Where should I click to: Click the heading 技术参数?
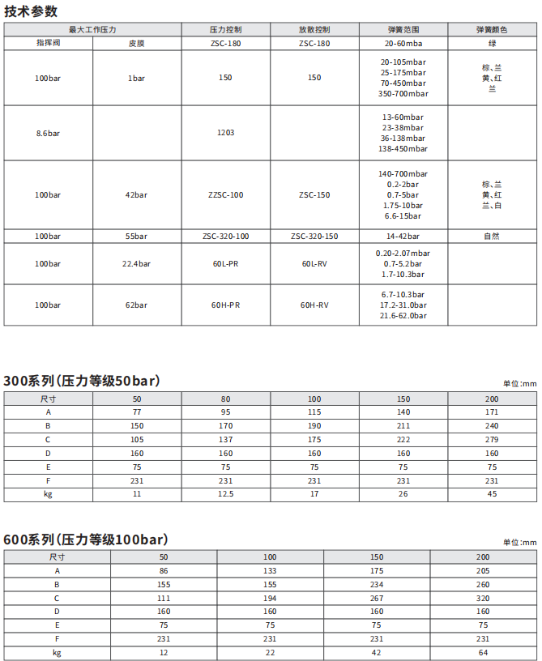(32, 11)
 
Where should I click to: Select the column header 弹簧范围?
(403, 30)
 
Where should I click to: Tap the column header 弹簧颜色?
(492, 30)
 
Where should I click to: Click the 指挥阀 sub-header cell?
(48, 42)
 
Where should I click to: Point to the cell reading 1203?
(225, 132)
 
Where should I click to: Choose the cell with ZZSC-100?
(225, 195)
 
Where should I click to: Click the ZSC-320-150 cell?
(314, 236)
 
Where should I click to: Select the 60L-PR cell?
(225, 264)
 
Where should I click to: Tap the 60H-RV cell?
(314, 305)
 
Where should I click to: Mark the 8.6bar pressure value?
(48, 132)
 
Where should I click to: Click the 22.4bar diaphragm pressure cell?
(136, 264)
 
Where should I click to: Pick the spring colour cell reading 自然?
(492, 236)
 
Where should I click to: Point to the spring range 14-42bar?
(403, 236)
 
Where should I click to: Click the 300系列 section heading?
(82, 381)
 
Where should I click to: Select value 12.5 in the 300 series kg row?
(225, 493)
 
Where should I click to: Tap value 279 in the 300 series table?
(492, 439)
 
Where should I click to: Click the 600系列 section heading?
(85, 539)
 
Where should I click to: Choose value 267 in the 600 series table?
(377, 598)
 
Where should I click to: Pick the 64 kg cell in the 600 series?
(483, 652)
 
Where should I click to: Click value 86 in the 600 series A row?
(164, 570)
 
